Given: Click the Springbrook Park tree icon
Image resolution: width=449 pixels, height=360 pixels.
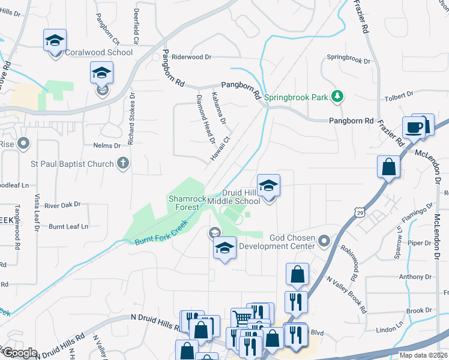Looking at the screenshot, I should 338,96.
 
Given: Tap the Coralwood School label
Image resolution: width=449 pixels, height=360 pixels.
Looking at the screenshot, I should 99,53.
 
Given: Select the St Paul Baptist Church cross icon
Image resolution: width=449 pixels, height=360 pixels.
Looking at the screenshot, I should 122,163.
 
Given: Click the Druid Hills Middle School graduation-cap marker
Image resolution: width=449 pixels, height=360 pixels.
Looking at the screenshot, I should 269,185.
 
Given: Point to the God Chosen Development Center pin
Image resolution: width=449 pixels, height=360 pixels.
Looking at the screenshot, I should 325,241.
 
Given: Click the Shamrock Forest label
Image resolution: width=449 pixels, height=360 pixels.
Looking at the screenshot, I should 187,203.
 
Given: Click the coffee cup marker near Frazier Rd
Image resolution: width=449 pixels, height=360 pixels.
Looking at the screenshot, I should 414,127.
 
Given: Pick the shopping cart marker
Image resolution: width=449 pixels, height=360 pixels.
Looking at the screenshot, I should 241,319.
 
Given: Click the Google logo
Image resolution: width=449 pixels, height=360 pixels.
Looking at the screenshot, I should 19,353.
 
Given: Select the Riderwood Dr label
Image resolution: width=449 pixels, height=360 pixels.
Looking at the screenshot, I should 192,57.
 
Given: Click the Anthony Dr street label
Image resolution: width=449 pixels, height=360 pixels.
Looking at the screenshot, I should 411,277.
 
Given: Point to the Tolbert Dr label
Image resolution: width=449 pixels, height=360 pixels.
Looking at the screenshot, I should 399,95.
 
